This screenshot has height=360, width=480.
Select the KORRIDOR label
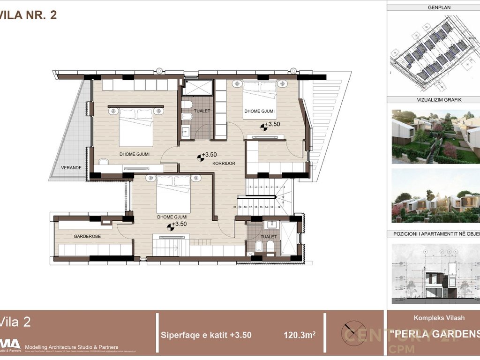(x=223, y=164)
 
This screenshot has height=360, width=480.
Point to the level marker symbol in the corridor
(x=201, y=157)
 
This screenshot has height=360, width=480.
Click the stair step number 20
(x=234, y=207)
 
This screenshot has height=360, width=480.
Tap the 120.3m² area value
(x=299, y=335)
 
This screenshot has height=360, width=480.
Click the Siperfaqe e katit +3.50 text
(x=206, y=335)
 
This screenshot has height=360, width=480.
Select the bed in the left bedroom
(x=136, y=127)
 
